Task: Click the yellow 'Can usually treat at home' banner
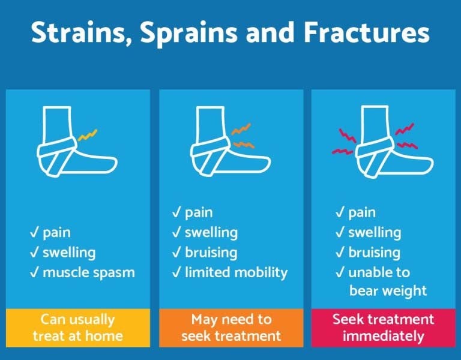click(77, 328)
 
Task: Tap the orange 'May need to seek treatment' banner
click(231, 328)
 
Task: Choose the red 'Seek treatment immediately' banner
click(383, 328)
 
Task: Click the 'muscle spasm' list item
click(89, 272)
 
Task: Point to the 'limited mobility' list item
click(236, 272)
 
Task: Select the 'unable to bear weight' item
click(387, 281)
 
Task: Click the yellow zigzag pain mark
click(87, 135)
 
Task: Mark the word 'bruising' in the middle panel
click(211, 253)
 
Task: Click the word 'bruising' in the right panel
click(375, 252)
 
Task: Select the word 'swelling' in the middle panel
click(211, 232)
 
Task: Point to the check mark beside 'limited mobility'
click(176, 272)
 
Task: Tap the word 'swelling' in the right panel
click(375, 232)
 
